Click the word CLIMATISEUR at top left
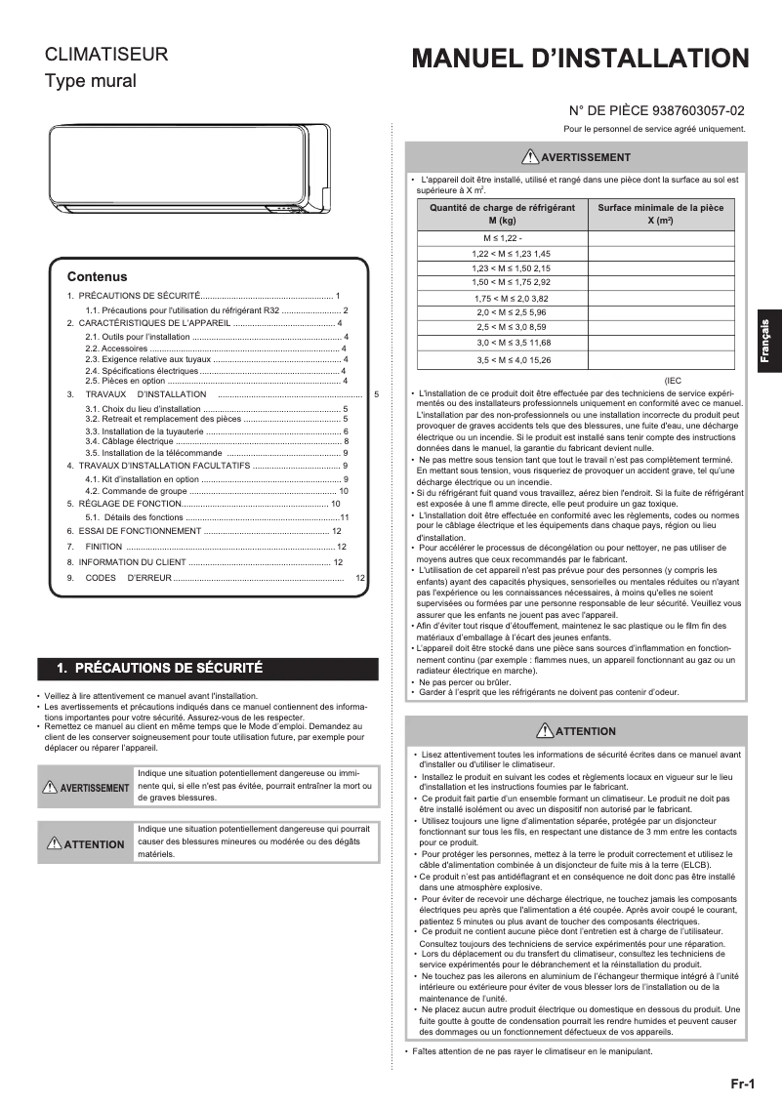coord(106,56)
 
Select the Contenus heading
coord(97,276)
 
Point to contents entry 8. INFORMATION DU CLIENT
coord(127,562)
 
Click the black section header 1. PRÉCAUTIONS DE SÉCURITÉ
coord(160,669)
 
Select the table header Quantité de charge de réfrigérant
coord(502,215)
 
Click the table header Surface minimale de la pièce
coord(660,215)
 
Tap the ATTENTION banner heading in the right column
coord(576,730)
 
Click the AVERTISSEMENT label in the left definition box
coord(86,788)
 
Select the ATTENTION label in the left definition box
coord(86,844)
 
